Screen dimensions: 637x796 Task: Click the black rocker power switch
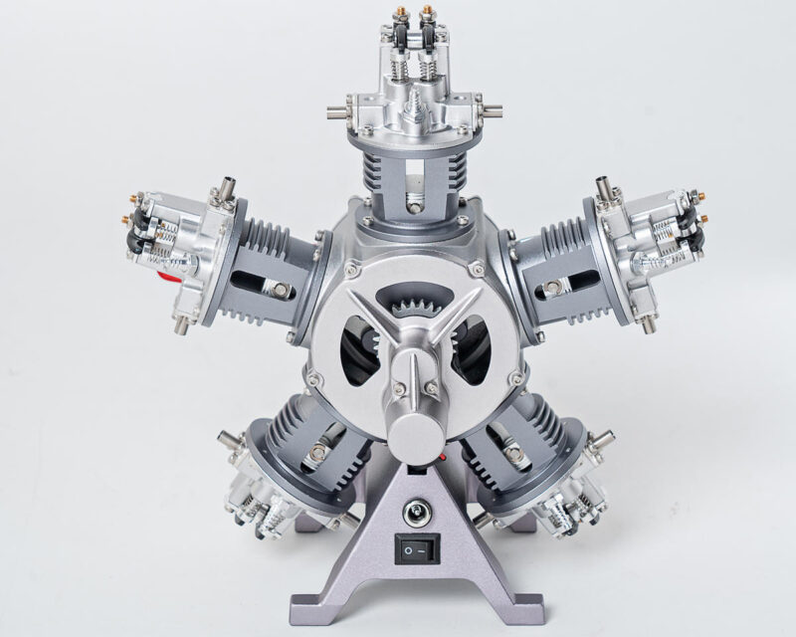tap(417, 546)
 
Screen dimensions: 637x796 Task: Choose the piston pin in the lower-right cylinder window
tap(513, 458)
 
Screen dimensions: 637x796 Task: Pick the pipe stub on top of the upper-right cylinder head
tap(603, 185)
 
